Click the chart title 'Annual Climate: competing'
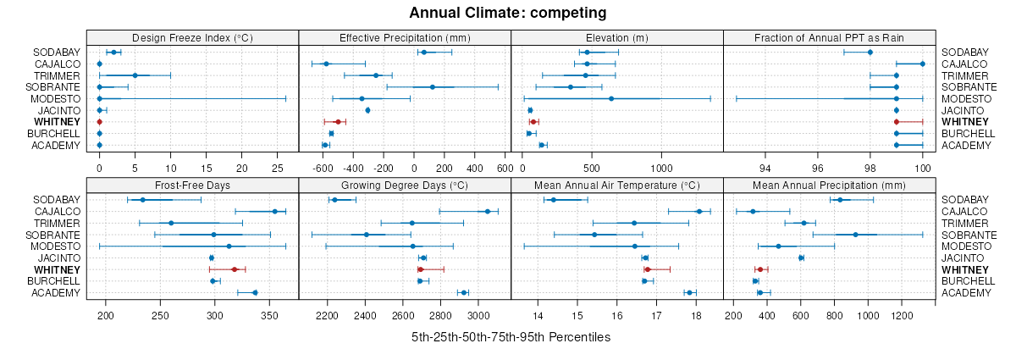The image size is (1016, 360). (508, 13)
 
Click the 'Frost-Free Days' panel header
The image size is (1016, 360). (193, 185)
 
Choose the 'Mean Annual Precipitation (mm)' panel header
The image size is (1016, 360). (830, 185)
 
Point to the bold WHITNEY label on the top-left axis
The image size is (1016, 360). (58, 123)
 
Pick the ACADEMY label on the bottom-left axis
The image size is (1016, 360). (58, 293)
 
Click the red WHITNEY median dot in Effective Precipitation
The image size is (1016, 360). (338, 123)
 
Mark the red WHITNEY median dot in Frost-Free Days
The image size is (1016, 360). (235, 269)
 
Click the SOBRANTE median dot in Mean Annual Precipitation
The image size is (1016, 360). (855, 235)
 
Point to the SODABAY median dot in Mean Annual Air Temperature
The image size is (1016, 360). (554, 200)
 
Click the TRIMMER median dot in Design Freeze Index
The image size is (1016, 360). (135, 75)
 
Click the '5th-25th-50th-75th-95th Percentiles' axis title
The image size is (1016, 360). (511, 337)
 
